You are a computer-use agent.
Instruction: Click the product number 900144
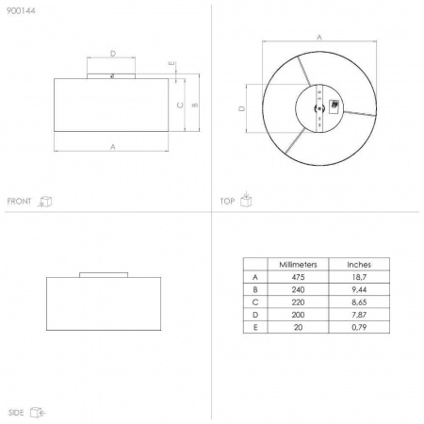[21, 10]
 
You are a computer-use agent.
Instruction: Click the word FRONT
[19, 201]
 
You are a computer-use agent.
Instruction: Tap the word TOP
[227, 201]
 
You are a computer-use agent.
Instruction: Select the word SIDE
[16, 413]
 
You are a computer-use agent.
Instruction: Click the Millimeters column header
[298, 265]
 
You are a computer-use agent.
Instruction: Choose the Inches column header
[359, 265]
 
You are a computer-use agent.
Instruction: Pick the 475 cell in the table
[298, 277]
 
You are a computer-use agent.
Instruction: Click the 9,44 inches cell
[359, 289]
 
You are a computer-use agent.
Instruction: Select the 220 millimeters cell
[298, 302]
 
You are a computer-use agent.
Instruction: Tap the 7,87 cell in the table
[359, 315]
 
